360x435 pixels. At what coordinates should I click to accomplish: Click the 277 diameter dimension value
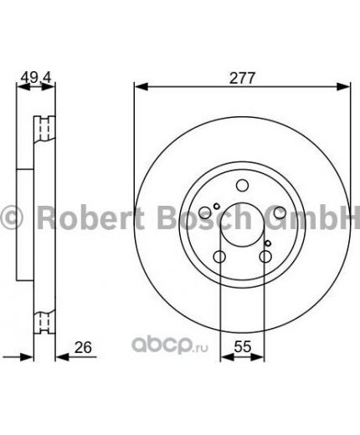[x=240, y=78]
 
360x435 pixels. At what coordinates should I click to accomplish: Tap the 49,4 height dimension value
[x=32, y=78]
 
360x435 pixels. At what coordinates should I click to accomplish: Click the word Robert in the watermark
[x=79, y=218]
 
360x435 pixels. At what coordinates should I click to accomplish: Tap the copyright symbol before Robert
[x=13, y=220]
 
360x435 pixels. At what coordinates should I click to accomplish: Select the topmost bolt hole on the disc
[x=241, y=187]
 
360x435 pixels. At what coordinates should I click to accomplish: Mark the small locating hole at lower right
[x=266, y=244]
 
